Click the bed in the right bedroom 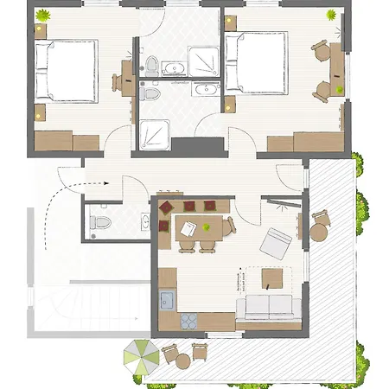256,62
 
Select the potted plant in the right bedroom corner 332,15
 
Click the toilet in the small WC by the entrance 98,222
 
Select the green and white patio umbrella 139,355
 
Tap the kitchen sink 167,301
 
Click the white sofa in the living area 269,306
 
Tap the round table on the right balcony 319,233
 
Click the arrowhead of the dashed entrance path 103,183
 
